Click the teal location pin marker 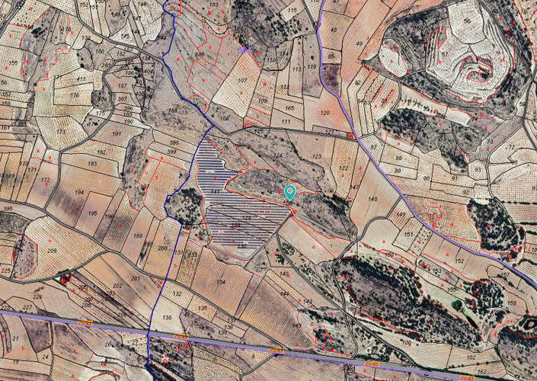[290, 192]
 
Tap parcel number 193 [91, 164]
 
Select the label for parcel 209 [52, 251]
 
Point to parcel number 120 [325, 113]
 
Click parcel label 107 [242, 80]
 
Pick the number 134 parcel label [221, 282]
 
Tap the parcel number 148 [372, 199]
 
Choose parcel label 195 [93, 213]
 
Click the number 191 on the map [117, 133]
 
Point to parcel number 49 [359, 44]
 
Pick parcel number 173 [60, 131]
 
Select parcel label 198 [137, 235]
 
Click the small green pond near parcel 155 [456, 305]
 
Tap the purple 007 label [245, 49]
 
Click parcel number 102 [471, 356]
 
